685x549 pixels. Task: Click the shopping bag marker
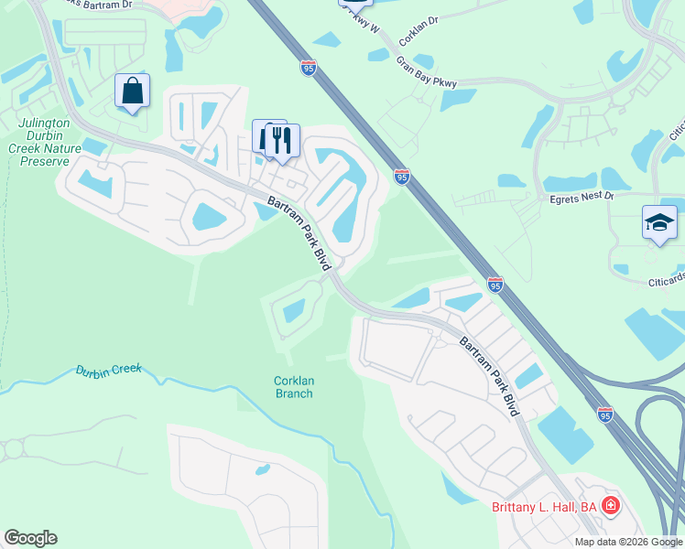[x=133, y=91]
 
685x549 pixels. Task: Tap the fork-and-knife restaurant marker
[x=281, y=141]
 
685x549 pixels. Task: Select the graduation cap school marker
[x=659, y=223]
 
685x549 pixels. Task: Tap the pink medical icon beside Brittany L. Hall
[x=611, y=505]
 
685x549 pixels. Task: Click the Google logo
[x=30, y=538]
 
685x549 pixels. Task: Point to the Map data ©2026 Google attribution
[x=628, y=542]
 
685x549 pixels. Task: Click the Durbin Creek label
[x=109, y=371]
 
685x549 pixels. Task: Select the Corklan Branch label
[x=293, y=387]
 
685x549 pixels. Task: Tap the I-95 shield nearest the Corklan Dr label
[x=309, y=67]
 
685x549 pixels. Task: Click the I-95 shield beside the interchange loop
[x=605, y=414]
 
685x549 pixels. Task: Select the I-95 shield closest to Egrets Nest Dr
[x=402, y=176]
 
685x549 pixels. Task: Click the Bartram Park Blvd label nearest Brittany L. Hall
[x=489, y=376]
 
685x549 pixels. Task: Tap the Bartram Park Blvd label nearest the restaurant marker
[x=298, y=231]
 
